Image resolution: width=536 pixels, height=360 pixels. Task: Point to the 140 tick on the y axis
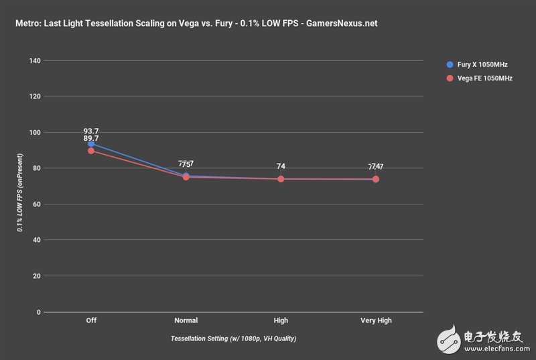click(x=35, y=61)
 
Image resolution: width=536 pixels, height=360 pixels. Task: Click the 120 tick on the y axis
click(x=35, y=97)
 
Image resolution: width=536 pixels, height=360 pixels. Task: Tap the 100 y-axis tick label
click(x=35, y=133)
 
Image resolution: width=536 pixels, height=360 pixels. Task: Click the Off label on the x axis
click(x=91, y=320)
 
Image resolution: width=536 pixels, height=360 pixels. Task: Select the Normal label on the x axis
click(x=186, y=320)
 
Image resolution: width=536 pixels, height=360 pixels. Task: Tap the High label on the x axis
click(x=281, y=320)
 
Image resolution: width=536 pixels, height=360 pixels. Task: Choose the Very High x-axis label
click(x=375, y=320)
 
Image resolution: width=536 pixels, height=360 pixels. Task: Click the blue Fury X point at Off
click(x=91, y=143)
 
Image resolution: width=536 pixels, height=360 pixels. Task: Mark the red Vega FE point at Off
click(x=91, y=151)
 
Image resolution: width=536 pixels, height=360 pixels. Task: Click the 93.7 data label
click(x=91, y=131)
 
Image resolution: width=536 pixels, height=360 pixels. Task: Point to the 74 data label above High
click(x=281, y=167)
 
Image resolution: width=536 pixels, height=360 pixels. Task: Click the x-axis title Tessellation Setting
click(x=233, y=339)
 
